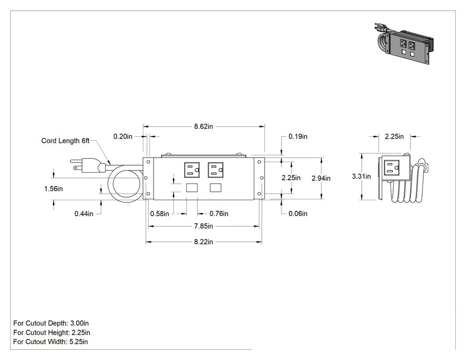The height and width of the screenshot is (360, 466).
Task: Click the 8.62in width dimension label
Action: click(204, 127)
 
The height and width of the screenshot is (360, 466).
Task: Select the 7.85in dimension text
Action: click(204, 226)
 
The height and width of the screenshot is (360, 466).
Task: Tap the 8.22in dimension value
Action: click(204, 242)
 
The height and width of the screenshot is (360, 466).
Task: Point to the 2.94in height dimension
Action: click(321, 178)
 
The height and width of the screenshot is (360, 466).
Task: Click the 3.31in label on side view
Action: click(361, 176)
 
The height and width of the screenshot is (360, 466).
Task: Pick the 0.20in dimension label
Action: click(123, 136)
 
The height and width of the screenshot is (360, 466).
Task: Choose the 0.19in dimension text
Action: click(298, 136)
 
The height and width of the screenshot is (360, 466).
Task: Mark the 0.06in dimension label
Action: click(298, 214)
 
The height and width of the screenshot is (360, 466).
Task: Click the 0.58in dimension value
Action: click(160, 214)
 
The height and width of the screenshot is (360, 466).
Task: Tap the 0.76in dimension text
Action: click(219, 214)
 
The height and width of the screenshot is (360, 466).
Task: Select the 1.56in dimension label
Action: click(54, 189)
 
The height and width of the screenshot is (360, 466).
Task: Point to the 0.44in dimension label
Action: click(84, 214)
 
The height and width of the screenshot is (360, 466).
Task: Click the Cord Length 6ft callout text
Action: click(65, 141)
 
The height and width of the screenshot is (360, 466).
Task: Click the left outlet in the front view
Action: click(192, 170)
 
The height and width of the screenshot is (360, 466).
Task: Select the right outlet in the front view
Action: click(215, 170)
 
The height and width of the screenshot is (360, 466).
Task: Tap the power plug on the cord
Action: click(88, 166)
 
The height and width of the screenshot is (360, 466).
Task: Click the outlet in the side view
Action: click(392, 168)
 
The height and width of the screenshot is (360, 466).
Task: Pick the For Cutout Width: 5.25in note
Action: click(51, 342)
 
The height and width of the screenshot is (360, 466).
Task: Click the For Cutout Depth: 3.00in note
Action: click(51, 323)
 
